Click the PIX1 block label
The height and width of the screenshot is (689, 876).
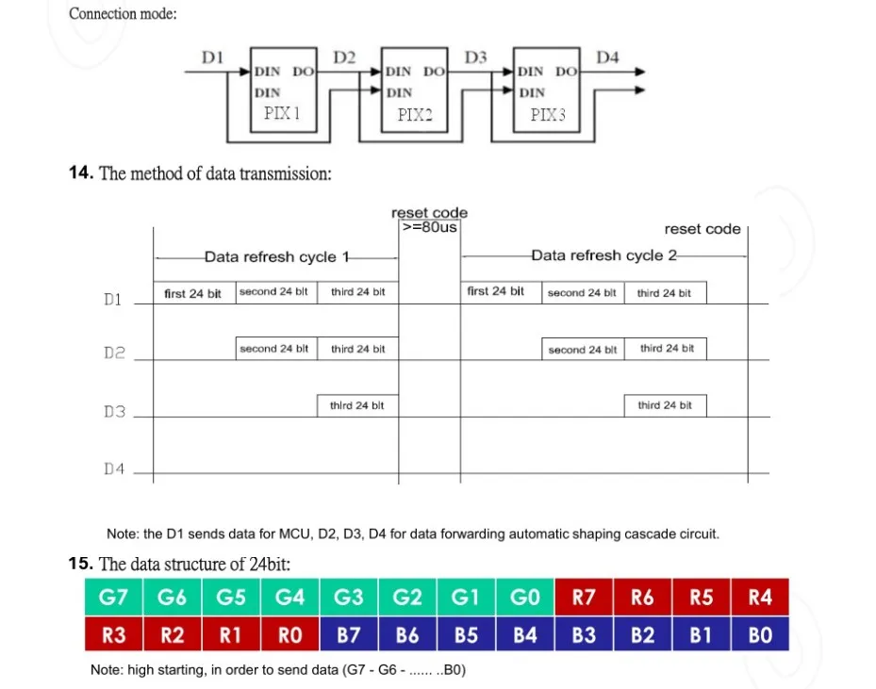(282, 113)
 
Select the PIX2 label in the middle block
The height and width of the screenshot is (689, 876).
(415, 114)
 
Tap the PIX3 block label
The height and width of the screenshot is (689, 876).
(548, 114)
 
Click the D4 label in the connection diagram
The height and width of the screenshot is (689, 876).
(607, 57)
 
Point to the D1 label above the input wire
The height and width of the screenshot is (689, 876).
(212, 57)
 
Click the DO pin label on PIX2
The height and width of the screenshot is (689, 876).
(434, 72)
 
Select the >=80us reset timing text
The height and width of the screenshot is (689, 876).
(430, 227)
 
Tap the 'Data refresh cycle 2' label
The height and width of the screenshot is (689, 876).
(603, 255)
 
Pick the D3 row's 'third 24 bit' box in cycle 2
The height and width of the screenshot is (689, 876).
(666, 405)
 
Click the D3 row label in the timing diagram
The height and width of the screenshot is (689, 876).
(114, 412)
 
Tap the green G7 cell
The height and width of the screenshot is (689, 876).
(114, 597)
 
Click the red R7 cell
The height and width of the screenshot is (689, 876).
(584, 597)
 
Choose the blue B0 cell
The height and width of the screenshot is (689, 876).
(760, 635)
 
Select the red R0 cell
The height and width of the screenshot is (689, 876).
(289, 635)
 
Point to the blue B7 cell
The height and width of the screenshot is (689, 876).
(349, 635)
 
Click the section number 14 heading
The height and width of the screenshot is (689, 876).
(81, 172)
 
